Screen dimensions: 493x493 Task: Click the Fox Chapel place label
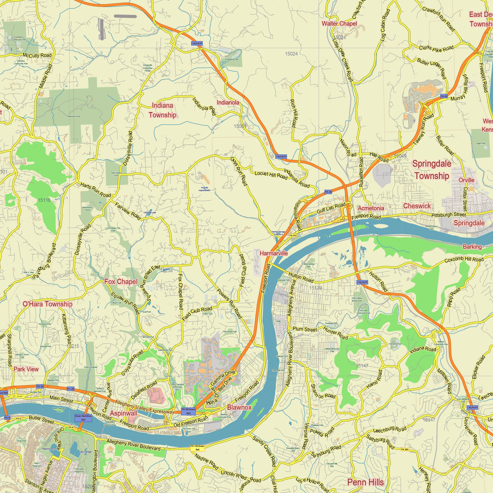click(121, 282)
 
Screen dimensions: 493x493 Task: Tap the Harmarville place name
click(274, 253)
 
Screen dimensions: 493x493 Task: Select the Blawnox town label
click(239, 407)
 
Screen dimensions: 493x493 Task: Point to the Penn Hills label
click(365, 482)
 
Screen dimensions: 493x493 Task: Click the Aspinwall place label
click(123, 413)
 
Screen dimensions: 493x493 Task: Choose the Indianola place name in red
click(228, 103)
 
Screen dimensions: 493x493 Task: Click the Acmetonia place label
click(370, 208)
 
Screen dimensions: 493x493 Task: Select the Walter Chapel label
click(339, 24)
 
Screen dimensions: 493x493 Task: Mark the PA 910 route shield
click(293, 235)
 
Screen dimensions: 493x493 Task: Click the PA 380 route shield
click(405, 450)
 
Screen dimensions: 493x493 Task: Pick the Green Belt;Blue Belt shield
click(83, 418)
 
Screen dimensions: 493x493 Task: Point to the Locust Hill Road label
click(271, 175)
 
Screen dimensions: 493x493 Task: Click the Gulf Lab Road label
click(331, 208)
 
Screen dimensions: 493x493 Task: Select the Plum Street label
click(305, 329)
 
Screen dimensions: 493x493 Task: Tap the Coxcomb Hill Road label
click(464, 260)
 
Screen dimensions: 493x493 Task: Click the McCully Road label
click(37, 55)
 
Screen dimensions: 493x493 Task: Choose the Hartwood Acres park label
click(73, 116)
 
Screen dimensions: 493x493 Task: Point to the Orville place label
click(466, 180)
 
